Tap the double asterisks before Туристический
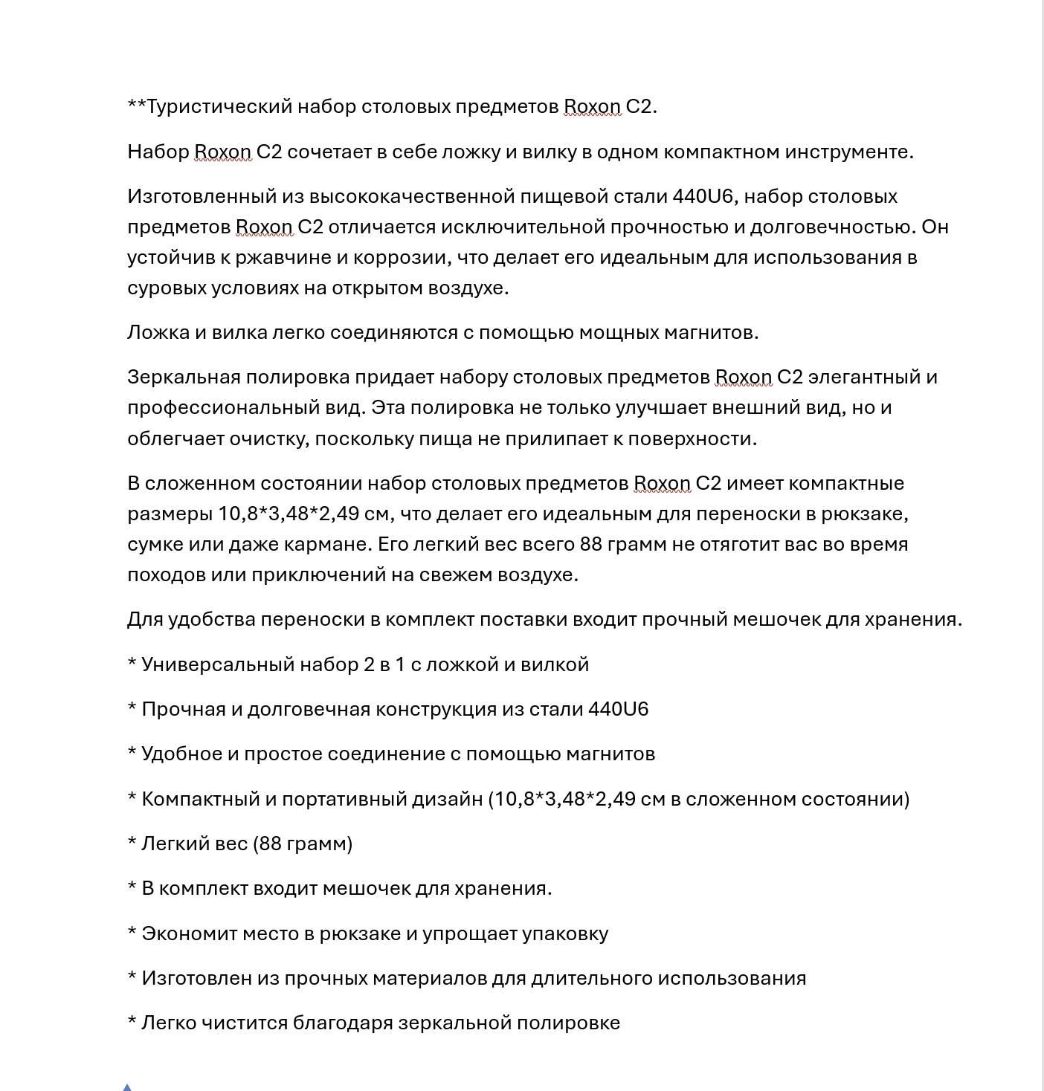136,106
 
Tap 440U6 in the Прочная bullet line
618,710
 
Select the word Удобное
181,754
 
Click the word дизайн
448,800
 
